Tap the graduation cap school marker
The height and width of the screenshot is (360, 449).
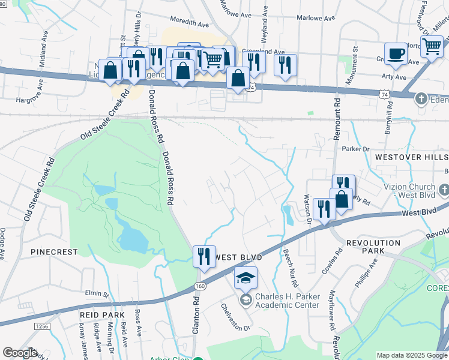click(246, 278)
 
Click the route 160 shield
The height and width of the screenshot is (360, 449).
click(200, 286)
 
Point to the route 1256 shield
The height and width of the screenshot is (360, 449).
click(41, 326)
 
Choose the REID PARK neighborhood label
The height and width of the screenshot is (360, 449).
click(101, 314)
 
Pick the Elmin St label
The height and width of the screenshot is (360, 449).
click(97, 294)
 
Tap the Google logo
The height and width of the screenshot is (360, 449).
click(20, 353)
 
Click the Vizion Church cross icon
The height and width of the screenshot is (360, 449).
click(444, 190)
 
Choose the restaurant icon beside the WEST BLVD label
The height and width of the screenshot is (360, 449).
click(204, 256)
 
